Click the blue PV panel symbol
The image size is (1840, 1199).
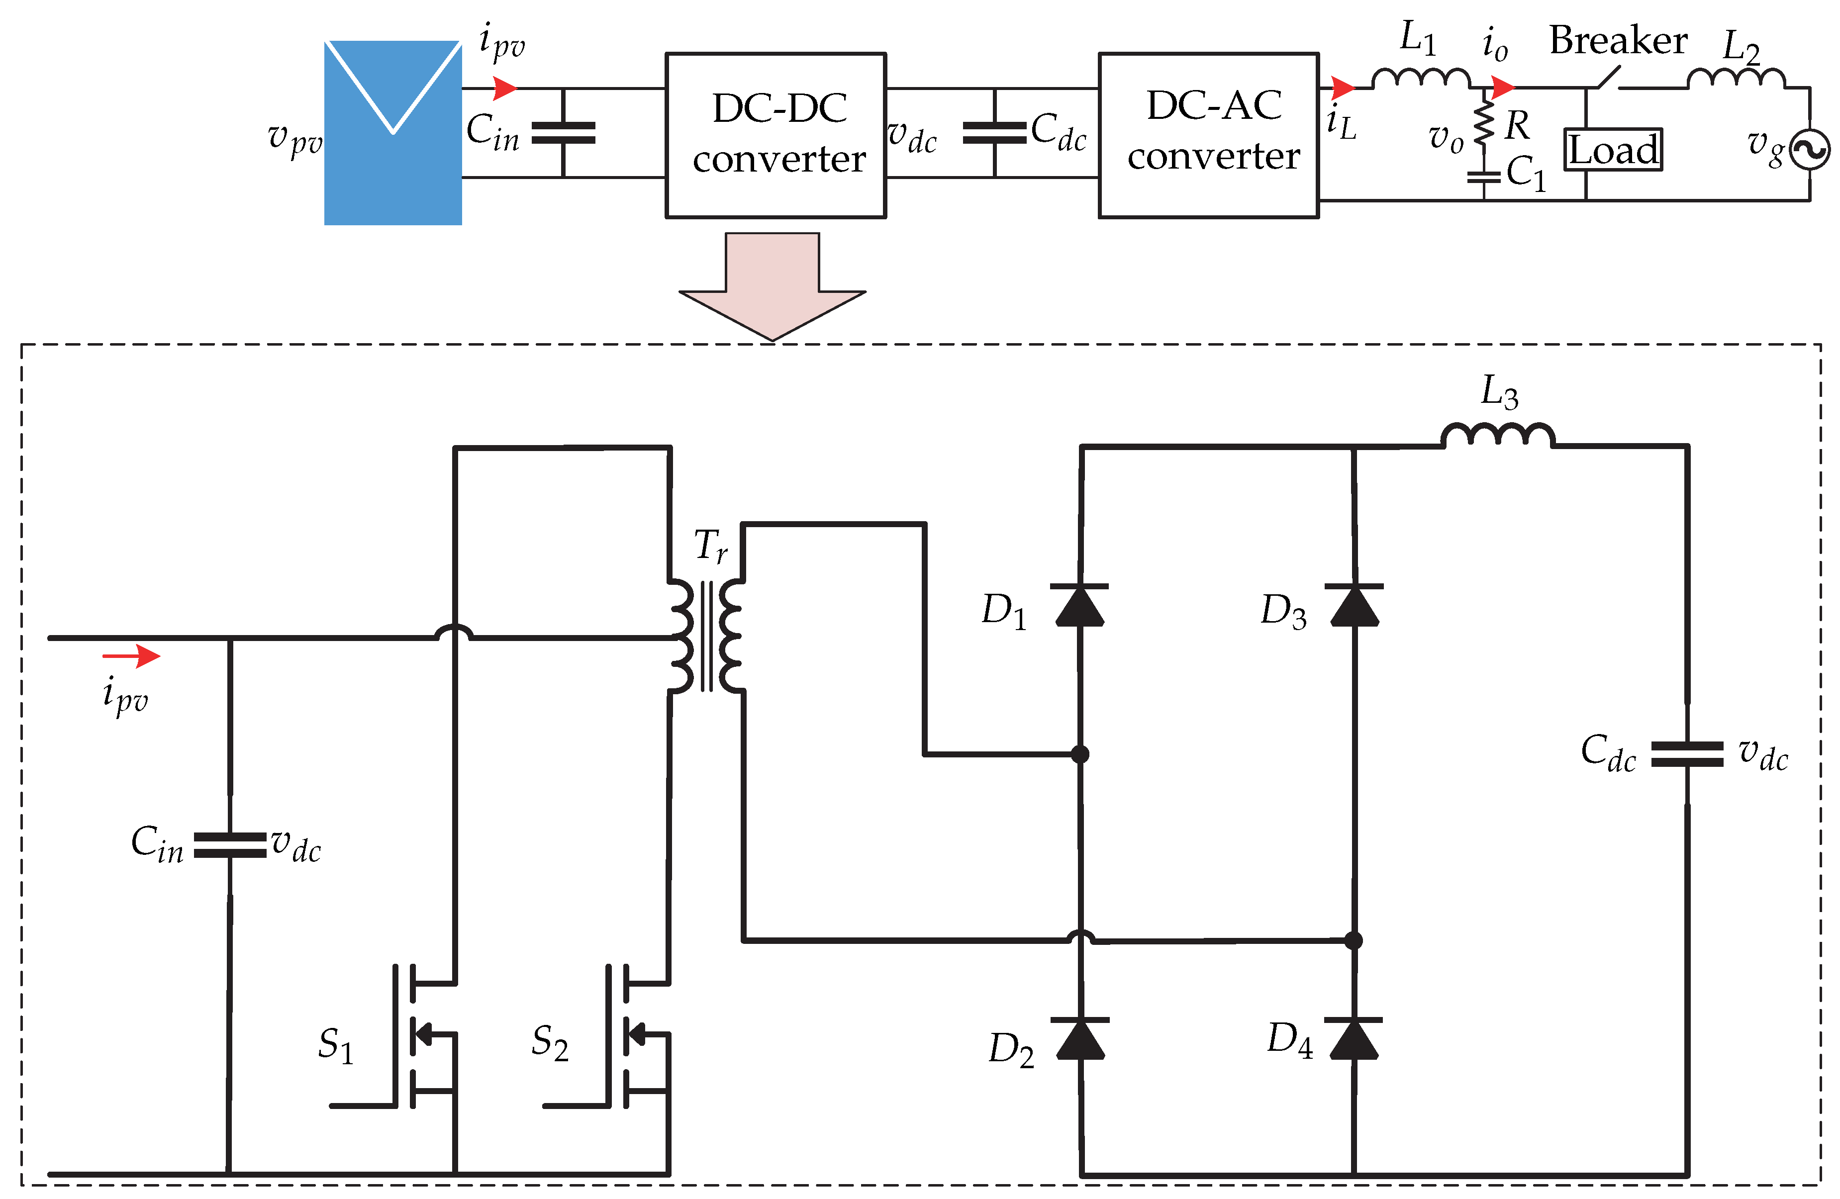tap(393, 133)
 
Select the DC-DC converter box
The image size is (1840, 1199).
tap(775, 135)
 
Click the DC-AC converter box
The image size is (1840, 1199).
tap(1208, 135)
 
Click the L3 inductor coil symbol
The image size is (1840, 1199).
tap(1497, 435)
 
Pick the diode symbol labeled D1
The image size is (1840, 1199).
tap(1079, 605)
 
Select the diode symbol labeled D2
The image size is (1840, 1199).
tap(1079, 1038)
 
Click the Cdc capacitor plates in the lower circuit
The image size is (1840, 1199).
tap(1687, 754)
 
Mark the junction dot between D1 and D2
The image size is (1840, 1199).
tap(1080, 754)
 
